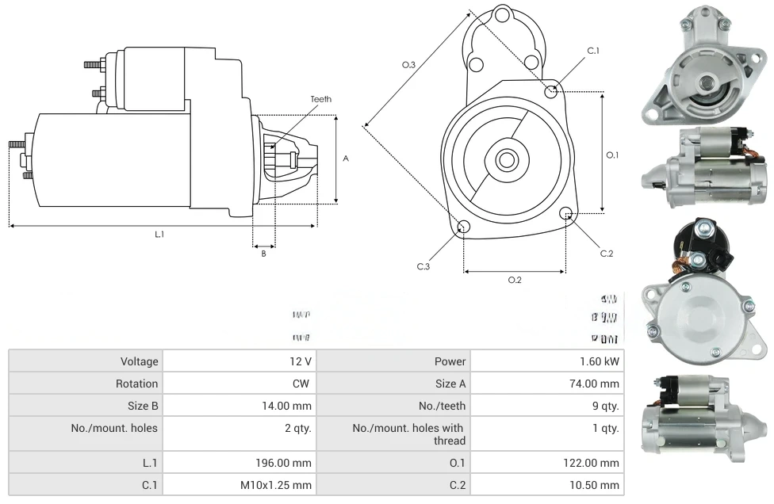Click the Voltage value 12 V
coord(300,361)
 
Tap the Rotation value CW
coord(303,384)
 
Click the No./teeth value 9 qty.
coord(605,406)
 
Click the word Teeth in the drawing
coord(320,99)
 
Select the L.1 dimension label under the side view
coord(159,234)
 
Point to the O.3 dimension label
coord(409,64)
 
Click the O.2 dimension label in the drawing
coord(515,279)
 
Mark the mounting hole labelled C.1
coord(552,91)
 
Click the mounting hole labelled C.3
coord(464,227)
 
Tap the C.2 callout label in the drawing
coord(607,254)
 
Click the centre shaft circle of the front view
coord(506,159)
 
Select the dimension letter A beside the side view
coord(346,158)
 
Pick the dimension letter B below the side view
coord(264,254)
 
